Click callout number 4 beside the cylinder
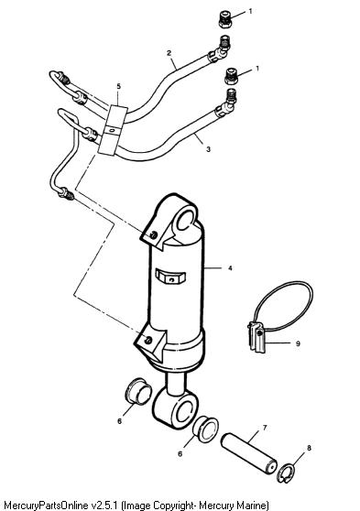230,268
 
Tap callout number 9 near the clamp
298,343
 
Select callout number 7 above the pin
265,428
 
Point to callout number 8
309,448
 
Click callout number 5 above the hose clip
119,86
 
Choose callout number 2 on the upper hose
169,53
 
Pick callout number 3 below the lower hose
208,149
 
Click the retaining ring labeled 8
285,474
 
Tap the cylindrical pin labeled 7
249,453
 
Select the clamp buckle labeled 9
257,337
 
